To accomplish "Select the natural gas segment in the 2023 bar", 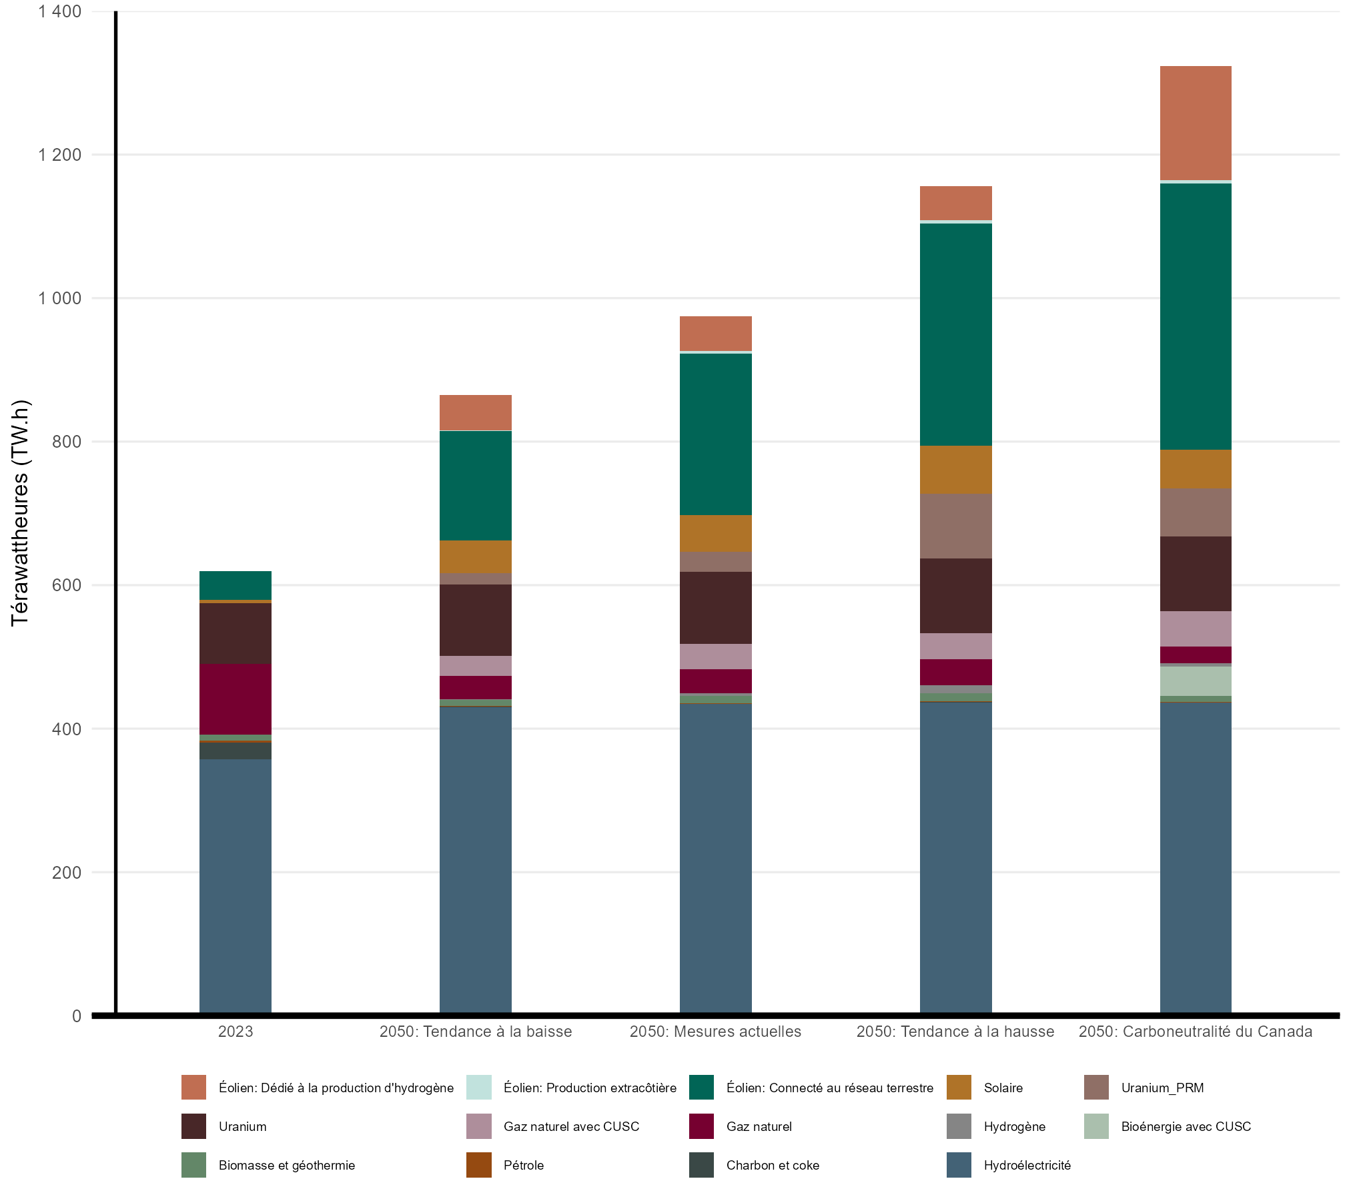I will click(235, 699).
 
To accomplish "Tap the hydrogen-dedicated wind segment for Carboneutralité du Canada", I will click(1195, 123).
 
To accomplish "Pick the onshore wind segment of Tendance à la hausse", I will click(955, 334).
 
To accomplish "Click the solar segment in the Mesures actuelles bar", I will click(715, 533).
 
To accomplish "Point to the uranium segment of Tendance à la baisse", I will click(475, 620).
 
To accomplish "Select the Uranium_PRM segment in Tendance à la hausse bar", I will click(955, 526).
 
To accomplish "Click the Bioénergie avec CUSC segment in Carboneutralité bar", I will click(1195, 681).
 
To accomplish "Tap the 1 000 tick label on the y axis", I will click(60, 298).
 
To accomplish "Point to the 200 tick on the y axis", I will click(67, 872).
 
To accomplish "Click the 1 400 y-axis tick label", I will click(60, 11).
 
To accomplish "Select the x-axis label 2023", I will click(235, 1032).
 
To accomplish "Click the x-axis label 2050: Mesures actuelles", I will click(715, 1032).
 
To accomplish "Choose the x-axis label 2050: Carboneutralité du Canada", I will click(1195, 1032).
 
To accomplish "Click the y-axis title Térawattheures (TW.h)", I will click(21, 512).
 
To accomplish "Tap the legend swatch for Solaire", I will click(959, 1088).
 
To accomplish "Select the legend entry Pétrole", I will click(524, 1165).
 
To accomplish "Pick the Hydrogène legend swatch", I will click(959, 1126).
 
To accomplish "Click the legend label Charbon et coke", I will click(773, 1165).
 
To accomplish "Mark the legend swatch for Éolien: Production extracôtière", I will click(478, 1088).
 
